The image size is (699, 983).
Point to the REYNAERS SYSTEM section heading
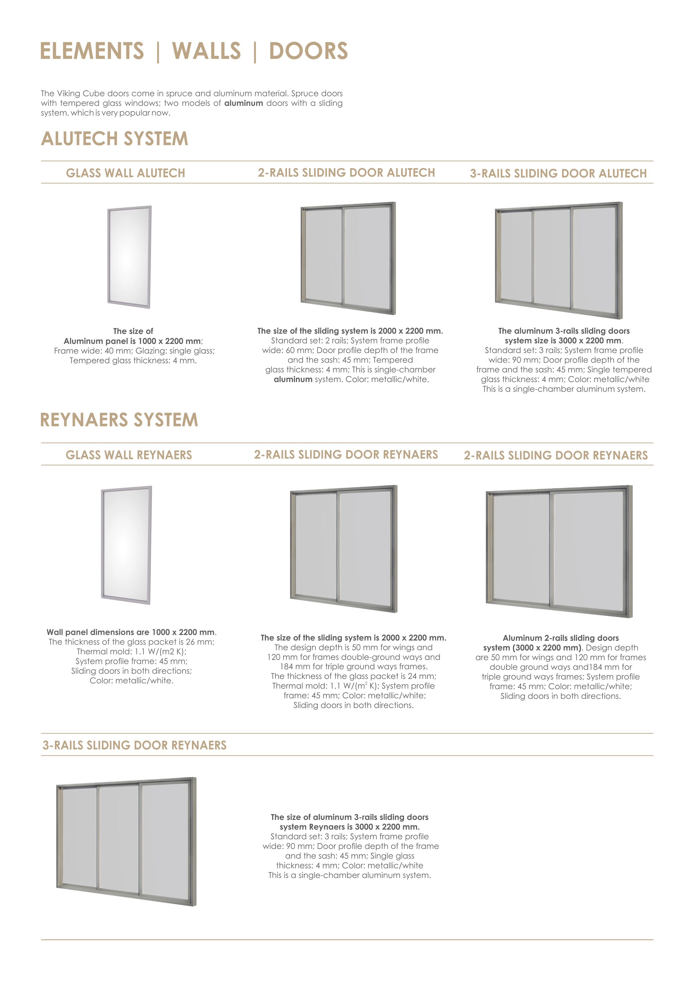(119, 420)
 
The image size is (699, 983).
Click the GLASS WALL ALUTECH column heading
(125, 173)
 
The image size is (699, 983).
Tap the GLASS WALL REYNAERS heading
(129, 455)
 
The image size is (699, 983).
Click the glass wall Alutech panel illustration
(129, 257)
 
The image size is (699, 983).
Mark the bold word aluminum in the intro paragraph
(243, 103)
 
